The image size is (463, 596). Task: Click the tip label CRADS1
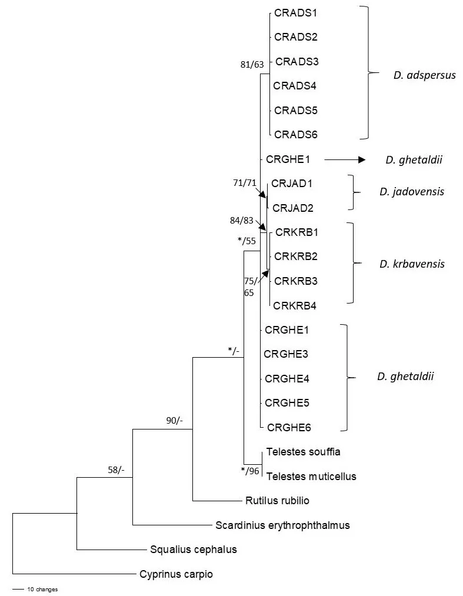tap(296, 12)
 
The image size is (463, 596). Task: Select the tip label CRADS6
tap(297, 135)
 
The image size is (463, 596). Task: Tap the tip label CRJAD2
tap(292, 208)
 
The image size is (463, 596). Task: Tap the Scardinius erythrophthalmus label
tap(282, 525)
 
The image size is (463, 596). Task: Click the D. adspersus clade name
tap(424, 75)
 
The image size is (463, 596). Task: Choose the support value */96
tap(250, 470)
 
